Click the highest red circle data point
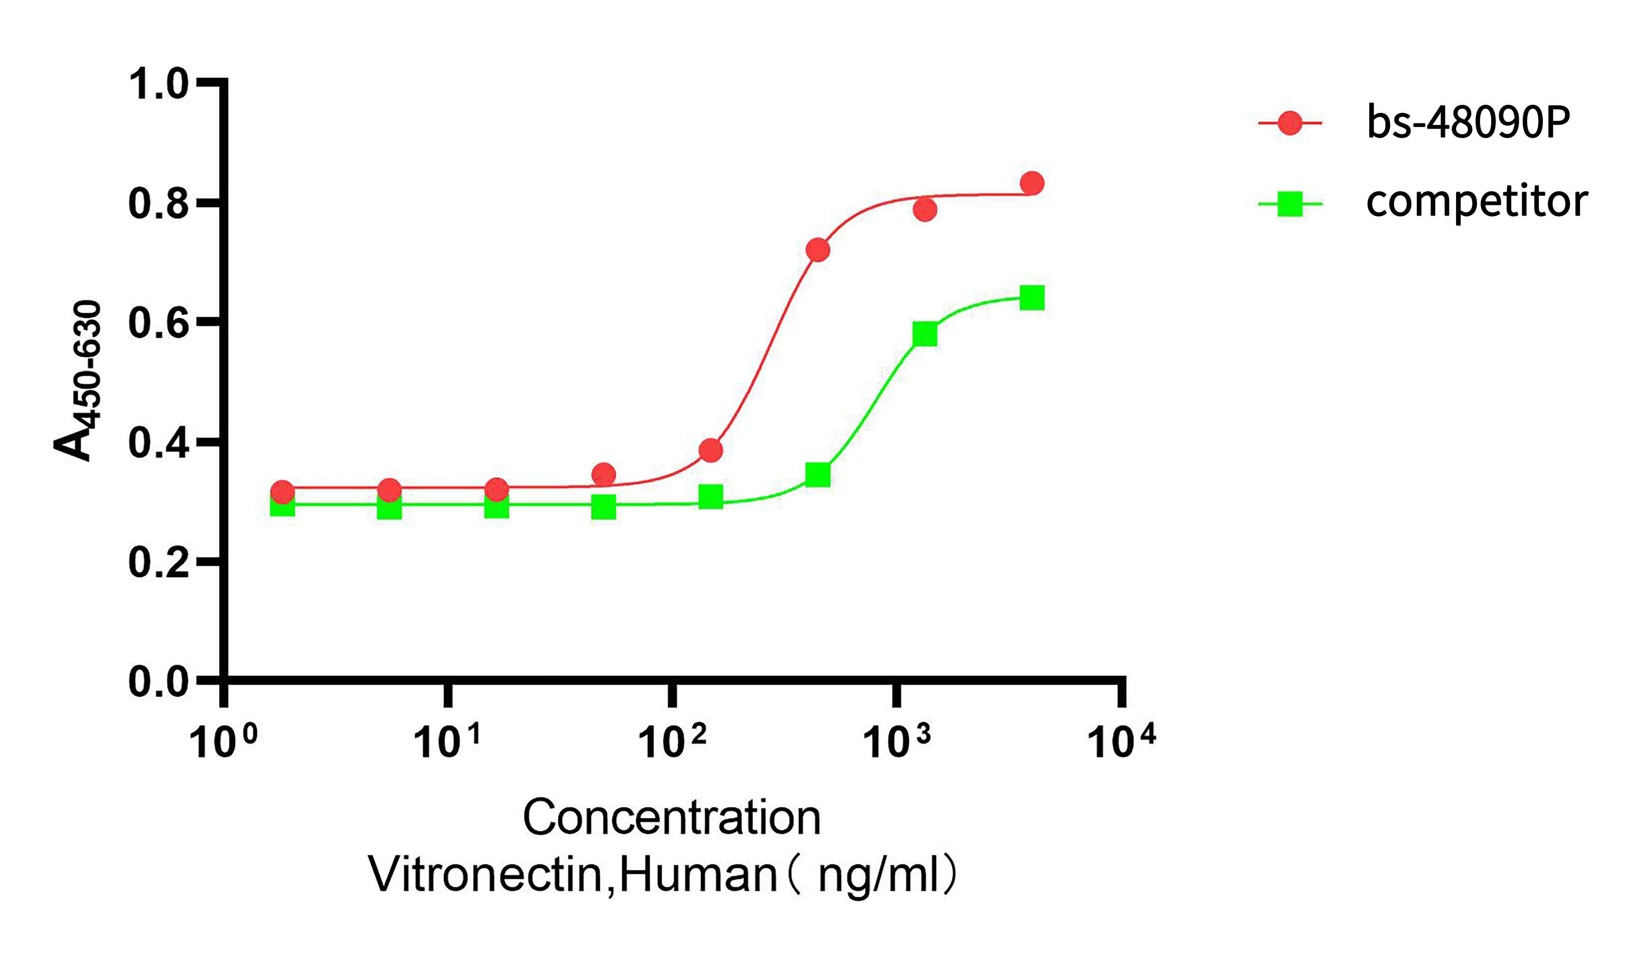1032,183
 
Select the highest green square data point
1032,298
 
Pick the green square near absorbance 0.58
925,334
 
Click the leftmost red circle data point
282,492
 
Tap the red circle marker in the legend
1289,123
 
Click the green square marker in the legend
1289,204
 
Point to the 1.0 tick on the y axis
158,84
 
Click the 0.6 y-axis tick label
158,323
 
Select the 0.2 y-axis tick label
158,562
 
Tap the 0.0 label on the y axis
158,682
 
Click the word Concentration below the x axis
672,818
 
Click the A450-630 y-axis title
78,380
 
